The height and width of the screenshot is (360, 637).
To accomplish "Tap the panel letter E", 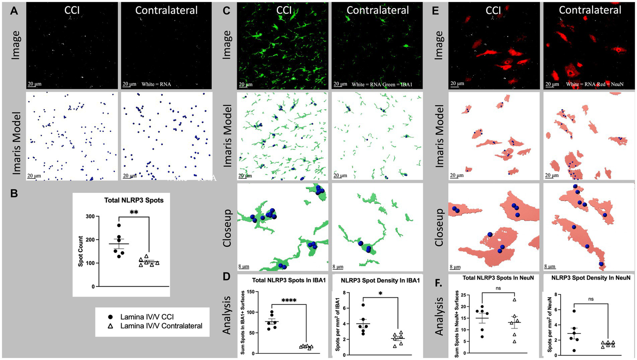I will pyautogui.click(x=435, y=11).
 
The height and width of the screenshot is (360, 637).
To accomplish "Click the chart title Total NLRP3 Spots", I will pyautogui.click(x=134, y=200).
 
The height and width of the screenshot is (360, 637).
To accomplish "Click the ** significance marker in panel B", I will pyautogui.click(x=134, y=212).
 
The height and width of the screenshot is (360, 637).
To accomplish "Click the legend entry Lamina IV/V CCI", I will pyautogui.click(x=144, y=317).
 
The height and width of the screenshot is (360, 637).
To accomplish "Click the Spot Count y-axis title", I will pyautogui.click(x=81, y=251).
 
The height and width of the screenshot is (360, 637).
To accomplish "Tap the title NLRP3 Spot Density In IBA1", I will pyautogui.click(x=380, y=280).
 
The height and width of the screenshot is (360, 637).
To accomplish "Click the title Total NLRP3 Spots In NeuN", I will pyautogui.click(x=498, y=278).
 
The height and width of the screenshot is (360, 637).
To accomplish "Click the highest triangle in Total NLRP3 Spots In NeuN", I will pyautogui.click(x=515, y=299).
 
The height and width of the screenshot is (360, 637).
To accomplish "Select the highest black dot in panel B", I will pyautogui.click(x=119, y=226).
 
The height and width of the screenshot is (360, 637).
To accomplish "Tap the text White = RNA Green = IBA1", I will pyautogui.click(x=381, y=84).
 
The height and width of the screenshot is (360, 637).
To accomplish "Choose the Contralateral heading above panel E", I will pyautogui.click(x=590, y=10).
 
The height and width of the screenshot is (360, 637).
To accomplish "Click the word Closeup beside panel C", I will pyautogui.click(x=227, y=228).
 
